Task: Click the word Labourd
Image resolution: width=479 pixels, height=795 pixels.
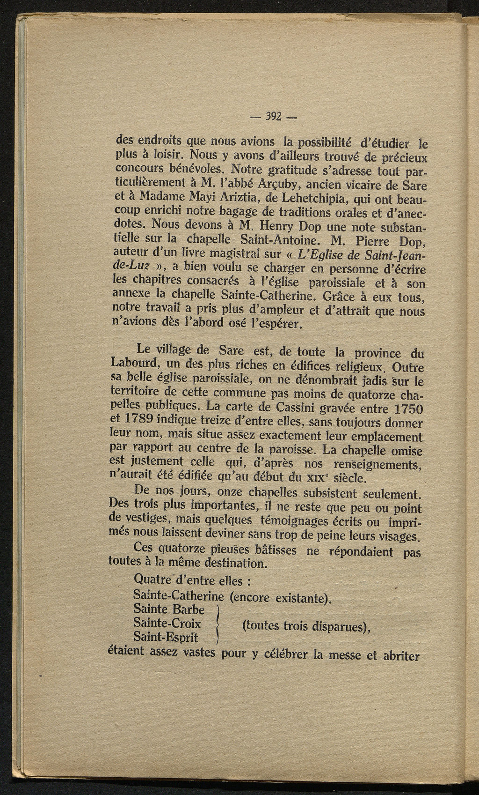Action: (x=135, y=364)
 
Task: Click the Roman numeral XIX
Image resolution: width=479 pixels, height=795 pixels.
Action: (x=335, y=478)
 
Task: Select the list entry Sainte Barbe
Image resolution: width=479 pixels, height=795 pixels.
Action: (x=169, y=609)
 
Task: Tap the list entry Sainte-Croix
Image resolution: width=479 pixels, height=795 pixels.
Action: (x=167, y=624)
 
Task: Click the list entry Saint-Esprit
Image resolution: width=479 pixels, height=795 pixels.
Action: (x=166, y=638)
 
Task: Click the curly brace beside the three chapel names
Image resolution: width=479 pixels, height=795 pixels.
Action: (x=218, y=624)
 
